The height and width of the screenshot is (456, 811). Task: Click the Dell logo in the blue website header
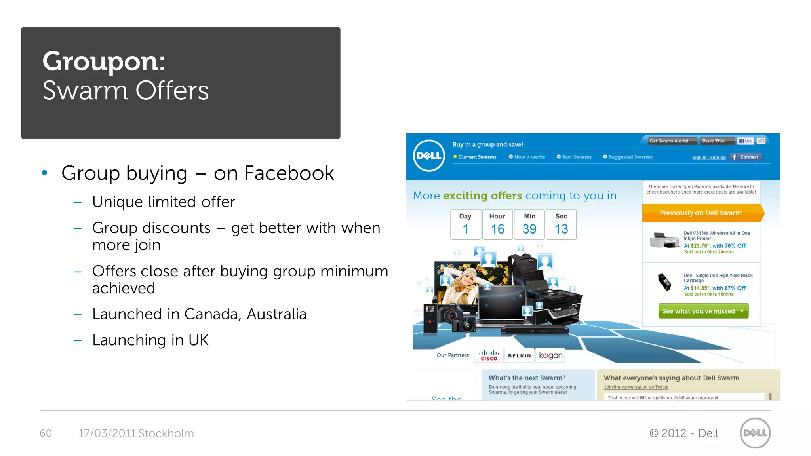[x=429, y=156]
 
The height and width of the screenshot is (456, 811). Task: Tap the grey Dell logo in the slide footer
[x=755, y=433]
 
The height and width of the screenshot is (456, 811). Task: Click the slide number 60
[x=46, y=433]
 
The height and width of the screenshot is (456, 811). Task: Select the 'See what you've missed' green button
[x=703, y=311]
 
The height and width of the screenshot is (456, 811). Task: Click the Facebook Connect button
[x=746, y=157]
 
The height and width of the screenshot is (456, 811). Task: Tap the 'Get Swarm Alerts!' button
[x=672, y=141]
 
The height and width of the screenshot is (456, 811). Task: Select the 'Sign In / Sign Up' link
[x=709, y=158]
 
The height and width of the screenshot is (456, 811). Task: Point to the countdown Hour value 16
[x=497, y=229]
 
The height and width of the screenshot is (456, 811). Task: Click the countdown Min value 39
[x=529, y=229]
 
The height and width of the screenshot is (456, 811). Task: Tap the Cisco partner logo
[x=489, y=355]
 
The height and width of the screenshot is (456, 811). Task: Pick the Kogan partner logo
[x=550, y=355]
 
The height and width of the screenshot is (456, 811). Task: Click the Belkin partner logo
[x=519, y=355]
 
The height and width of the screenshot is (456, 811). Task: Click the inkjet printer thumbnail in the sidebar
[x=664, y=240]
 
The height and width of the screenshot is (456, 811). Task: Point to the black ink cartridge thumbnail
[x=664, y=282]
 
